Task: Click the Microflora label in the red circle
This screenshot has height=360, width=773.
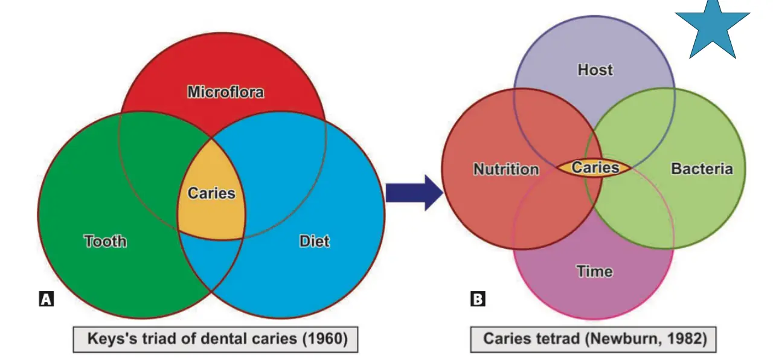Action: click(226, 92)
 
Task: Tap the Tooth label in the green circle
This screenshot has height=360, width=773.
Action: click(105, 241)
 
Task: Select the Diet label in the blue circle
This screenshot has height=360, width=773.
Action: click(315, 241)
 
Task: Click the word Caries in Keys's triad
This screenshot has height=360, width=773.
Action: click(211, 193)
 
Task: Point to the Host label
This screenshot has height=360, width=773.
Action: click(595, 69)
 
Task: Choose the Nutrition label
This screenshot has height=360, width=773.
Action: click(506, 169)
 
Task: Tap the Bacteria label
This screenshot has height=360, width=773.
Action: click(702, 169)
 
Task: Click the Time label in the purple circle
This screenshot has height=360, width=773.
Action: click(595, 271)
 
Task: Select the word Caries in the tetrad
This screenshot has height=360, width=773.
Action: click(595, 168)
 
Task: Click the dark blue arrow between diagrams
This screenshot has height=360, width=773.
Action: click(414, 193)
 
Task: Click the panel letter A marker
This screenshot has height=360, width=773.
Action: click(47, 299)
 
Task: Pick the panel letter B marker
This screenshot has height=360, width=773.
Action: click(478, 299)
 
